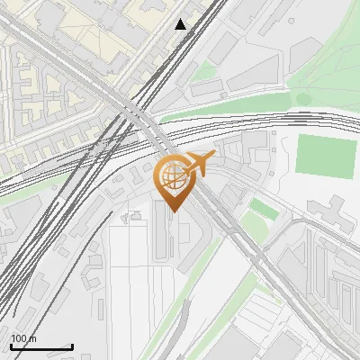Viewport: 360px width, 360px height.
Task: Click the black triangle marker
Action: coord(181,24)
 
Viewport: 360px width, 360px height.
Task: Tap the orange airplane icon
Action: coord(199,165)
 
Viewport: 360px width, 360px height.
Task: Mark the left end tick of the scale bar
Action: coord(11,346)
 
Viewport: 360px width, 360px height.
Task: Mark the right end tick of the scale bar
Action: coord(72,346)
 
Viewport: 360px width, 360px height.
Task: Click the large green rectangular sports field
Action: coord(328,156)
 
